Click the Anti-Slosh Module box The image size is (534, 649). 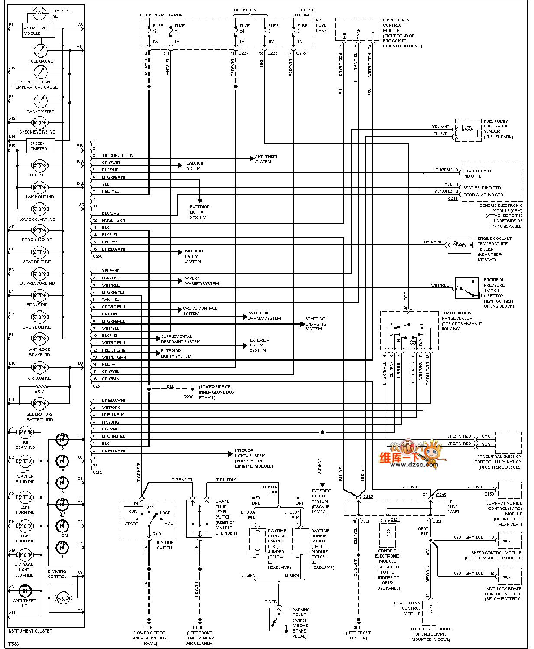[39, 30]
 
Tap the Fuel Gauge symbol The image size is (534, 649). [41, 51]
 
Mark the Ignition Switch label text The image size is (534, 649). [165, 545]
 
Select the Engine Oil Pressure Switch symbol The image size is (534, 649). [467, 288]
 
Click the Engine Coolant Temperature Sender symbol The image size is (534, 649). [459, 245]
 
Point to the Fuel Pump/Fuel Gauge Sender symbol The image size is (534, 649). [467, 129]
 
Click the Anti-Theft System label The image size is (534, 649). [266, 159]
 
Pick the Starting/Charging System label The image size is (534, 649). [316, 323]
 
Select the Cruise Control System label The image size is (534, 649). [199, 310]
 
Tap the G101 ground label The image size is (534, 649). [356, 627]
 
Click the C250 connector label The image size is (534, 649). [98, 257]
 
